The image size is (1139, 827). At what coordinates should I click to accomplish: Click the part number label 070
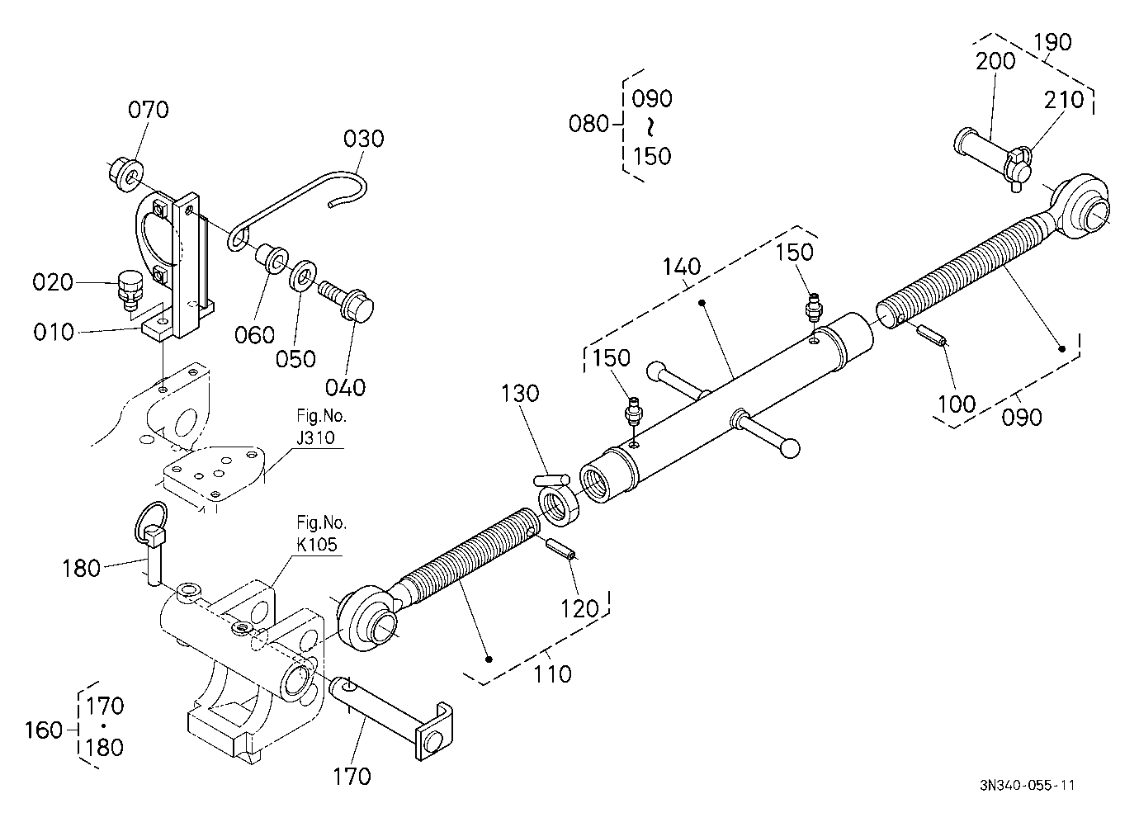point(148,110)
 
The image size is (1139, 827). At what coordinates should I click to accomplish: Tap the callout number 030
point(363,139)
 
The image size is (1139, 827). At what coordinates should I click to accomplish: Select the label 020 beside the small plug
point(53,282)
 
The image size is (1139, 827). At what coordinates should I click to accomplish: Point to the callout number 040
point(345,388)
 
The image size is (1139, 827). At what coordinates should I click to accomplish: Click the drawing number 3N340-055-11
point(1027,785)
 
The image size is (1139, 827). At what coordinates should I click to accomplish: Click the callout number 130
point(520,394)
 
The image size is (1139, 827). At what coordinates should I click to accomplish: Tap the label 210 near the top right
point(1064,101)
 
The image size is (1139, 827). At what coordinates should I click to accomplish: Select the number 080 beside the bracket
point(588,124)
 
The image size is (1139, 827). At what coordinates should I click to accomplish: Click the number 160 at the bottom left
point(44,731)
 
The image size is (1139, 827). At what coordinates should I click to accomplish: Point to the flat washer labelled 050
point(302,276)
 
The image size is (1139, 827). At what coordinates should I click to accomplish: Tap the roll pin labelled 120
point(560,549)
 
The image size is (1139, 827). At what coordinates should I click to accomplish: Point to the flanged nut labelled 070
point(125,175)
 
